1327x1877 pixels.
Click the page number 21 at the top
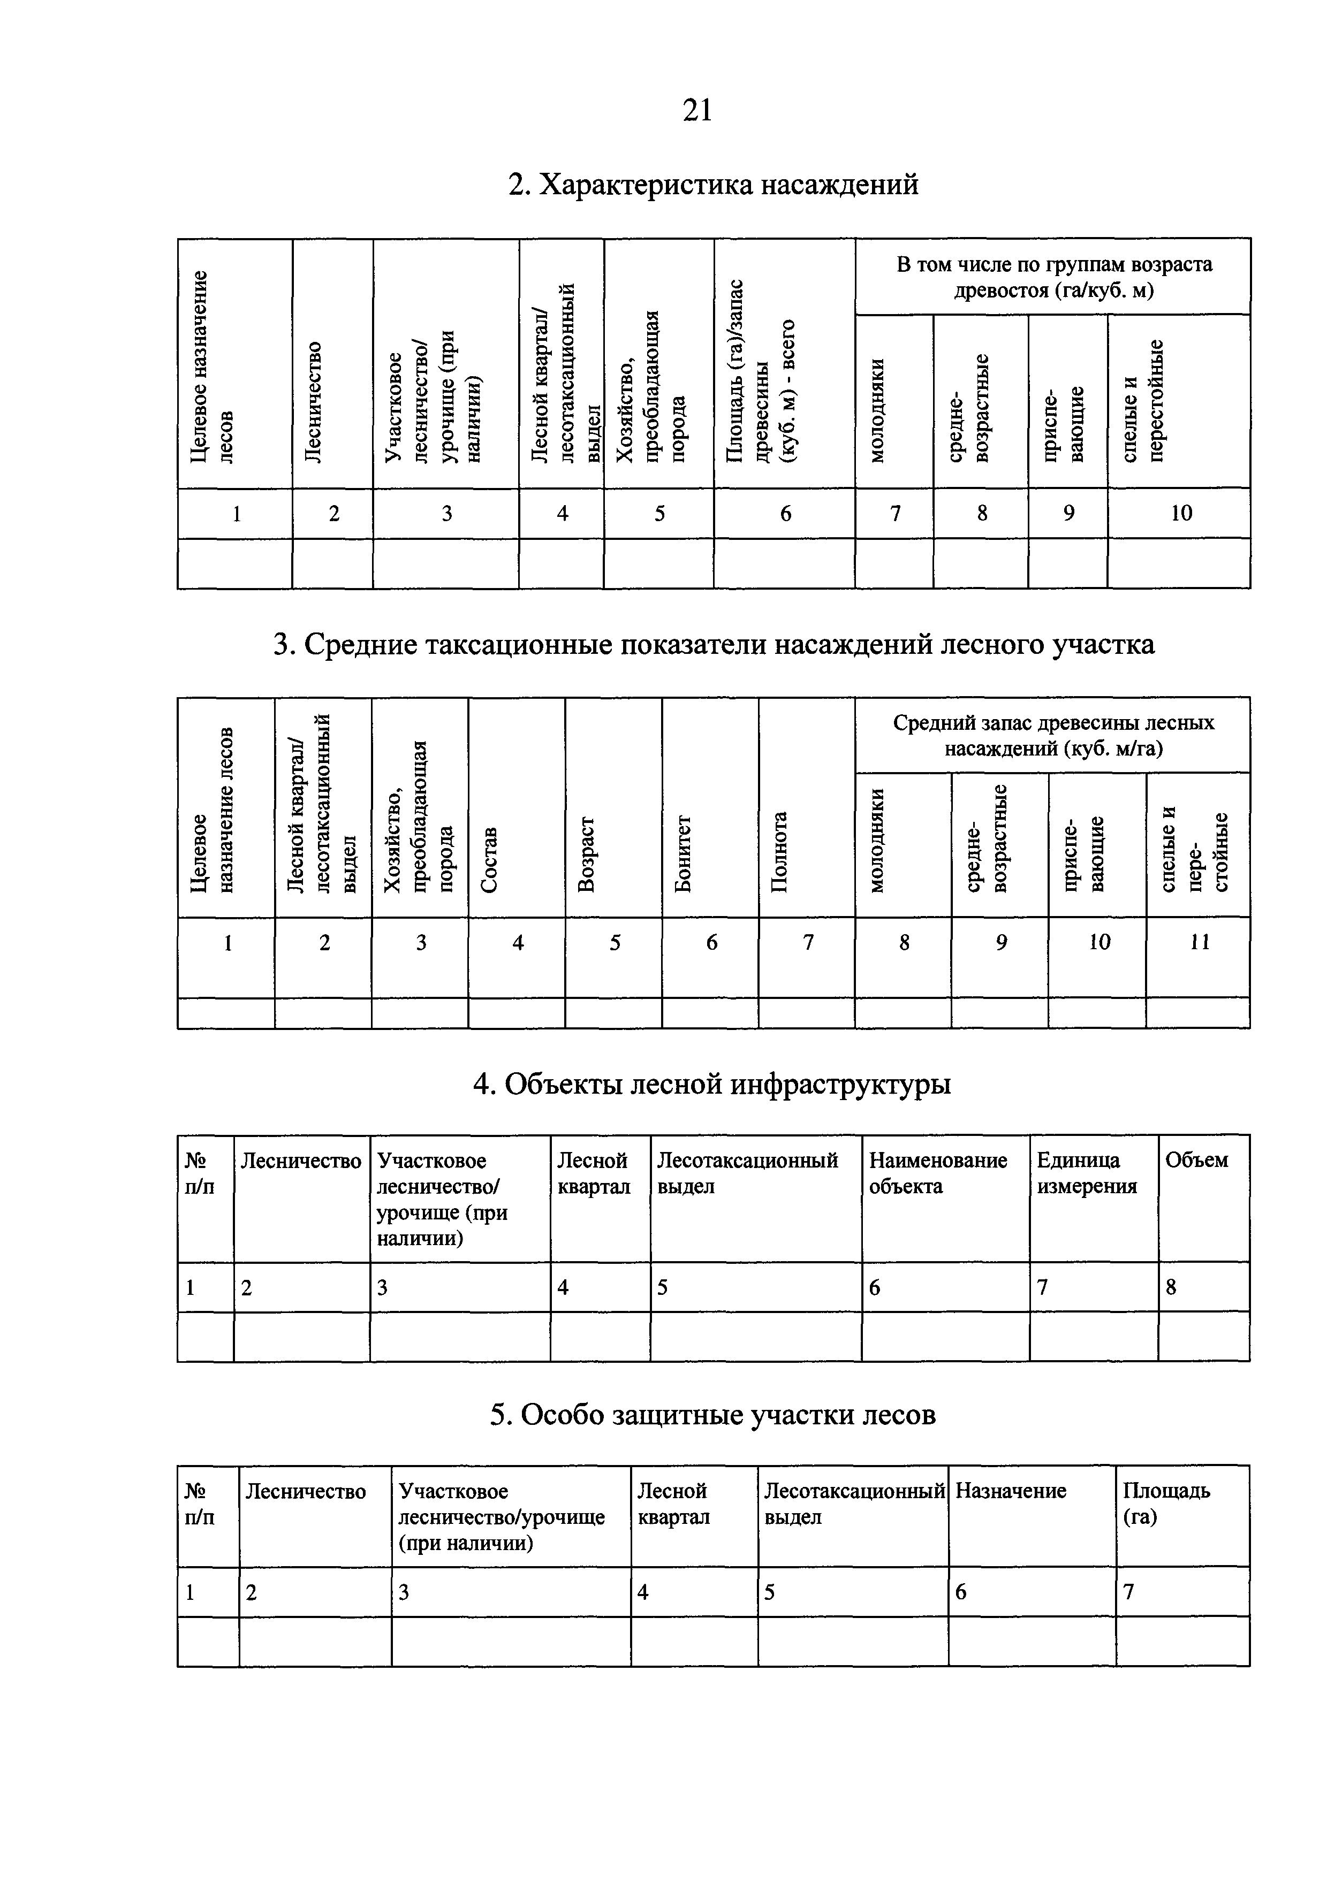(x=697, y=110)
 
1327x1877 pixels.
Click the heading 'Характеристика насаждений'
(x=713, y=185)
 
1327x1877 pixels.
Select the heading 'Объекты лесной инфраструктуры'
(x=712, y=1084)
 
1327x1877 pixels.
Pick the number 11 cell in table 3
(x=1199, y=943)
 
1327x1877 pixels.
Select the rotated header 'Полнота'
(x=781, y=851)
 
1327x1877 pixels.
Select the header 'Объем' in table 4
(x=1196, y=1161)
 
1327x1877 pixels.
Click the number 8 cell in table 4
(x=1171, y=1287)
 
